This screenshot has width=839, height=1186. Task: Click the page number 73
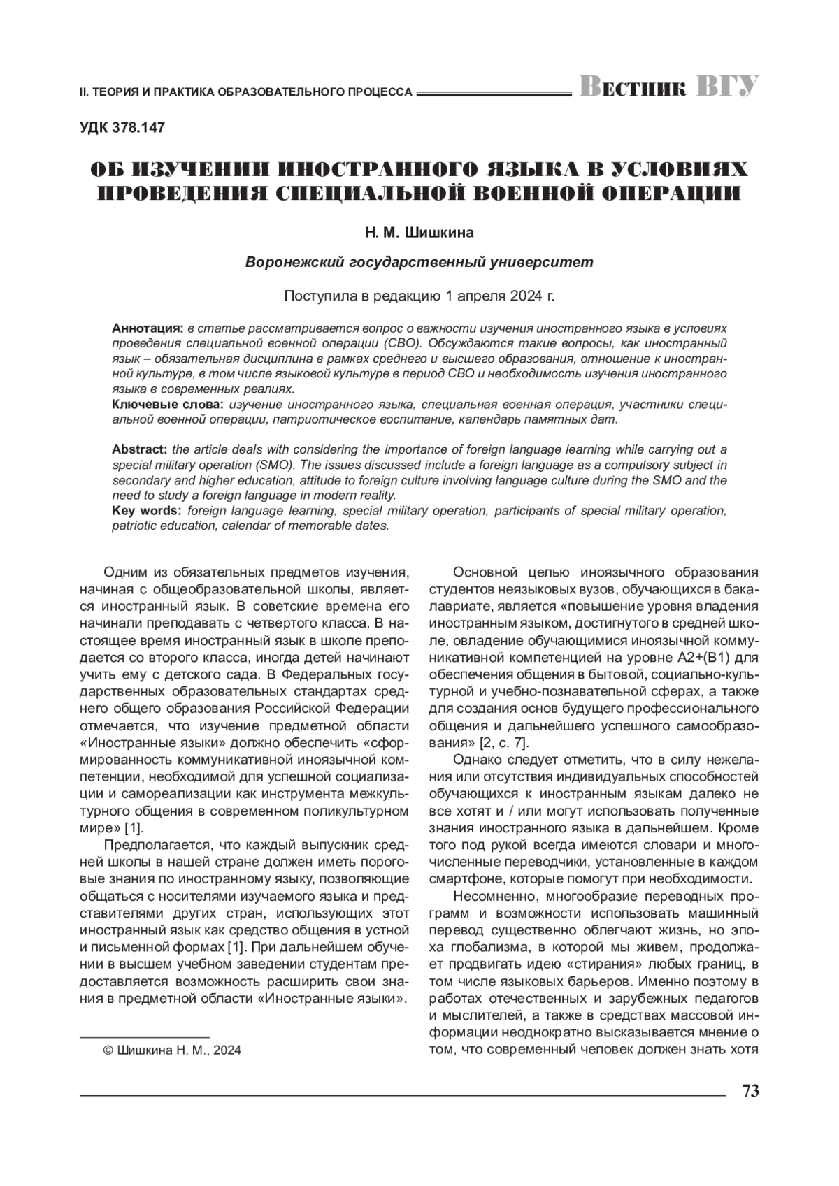click(750, 1091)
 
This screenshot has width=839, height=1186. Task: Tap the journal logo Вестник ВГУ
click(668, 87)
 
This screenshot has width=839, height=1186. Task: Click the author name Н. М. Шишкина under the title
click(419, 231)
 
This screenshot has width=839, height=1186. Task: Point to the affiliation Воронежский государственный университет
click(419, 263)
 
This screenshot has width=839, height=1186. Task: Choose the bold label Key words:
click(146, 511)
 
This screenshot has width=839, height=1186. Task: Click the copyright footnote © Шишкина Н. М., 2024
click(171, 1050)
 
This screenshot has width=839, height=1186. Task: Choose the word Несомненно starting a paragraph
click(494, 896)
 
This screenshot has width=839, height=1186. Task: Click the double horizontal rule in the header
click(494, 92)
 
